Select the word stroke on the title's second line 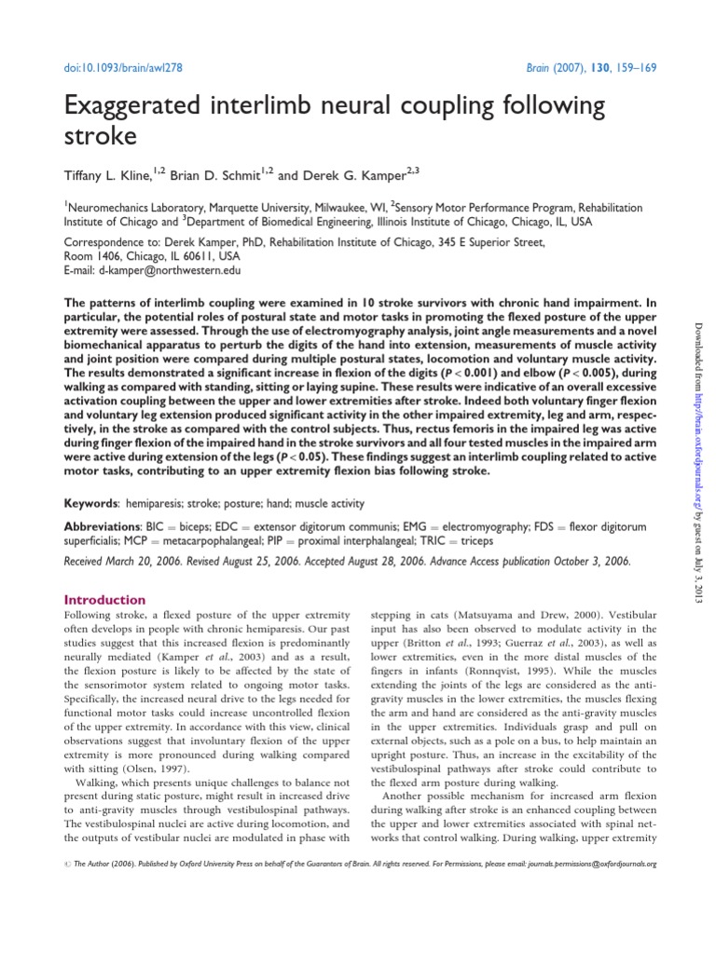tap(100, 137)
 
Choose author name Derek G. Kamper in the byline tap(356, 175)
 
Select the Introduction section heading tap(104, 600)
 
